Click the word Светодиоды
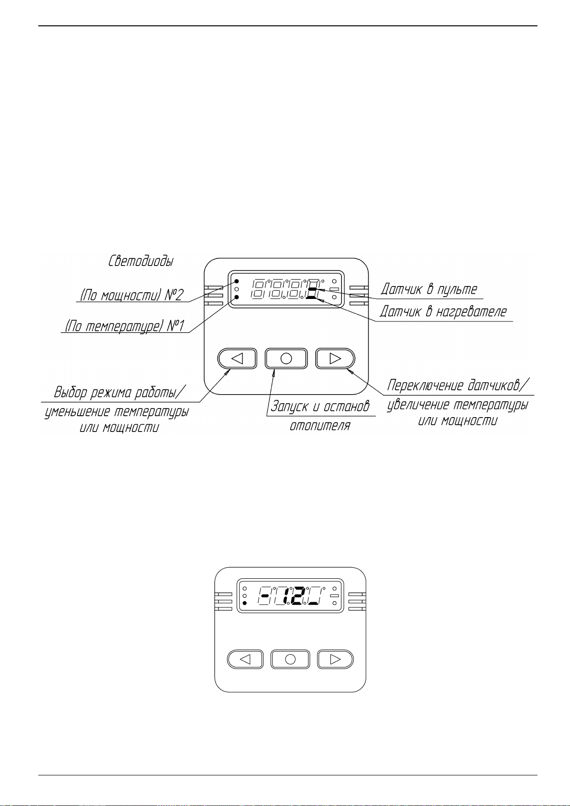pyautogui.click(x=141, y=261)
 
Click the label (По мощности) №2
pyautogui.click(x=132, y=295)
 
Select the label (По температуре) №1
pyautogui.click(x=124, y=326)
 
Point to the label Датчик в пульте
pyautogui.click(x=429, y=289)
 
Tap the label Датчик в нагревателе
pyautogui.click(x=443, y=311)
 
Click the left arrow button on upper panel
pyautogui.click(x=237, y=358)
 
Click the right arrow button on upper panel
pyautogui.click(x=335, y=358)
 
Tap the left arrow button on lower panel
pyautogui.click(x=245, y=659)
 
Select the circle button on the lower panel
pyautogui.click(x=290, y=659)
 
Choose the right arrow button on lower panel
pyautogui.click(x=335, y=659)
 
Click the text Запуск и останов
pyautogui.click(x=320, y=407)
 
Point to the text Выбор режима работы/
pyautogui.click(x=120, y=392)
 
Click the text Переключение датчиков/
pyautogui.click(x=459, y=386)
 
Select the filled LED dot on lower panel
pyautogui.click(x=245, y=603)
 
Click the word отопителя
pyautogui.click(x=320, y=426)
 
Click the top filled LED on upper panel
pyautogui.click(x=237, y=281)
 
